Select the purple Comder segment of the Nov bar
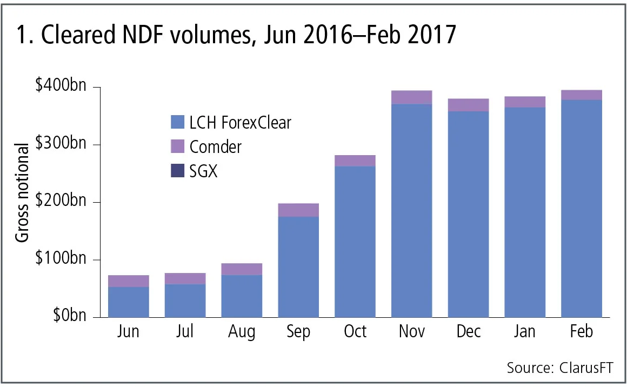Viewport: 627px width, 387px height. pyautogui.click(x=411, y=97)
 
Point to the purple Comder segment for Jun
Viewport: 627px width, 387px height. pyautogui.click(x=128, y=281)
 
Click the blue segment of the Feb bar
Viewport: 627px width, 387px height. pyautogui.click(x=582, y=208)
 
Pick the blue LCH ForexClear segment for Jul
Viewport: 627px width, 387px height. pyautogui.click(x=185, y=301)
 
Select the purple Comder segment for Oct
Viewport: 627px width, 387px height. pyautogui.click(x=355, y=161)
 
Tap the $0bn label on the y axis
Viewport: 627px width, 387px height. pyautogui.click(x=69, y=317)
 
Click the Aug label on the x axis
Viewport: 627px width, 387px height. pyautogui.click(x=242, y=331)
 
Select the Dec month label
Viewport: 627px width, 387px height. pyautogui.click(x=468, y=331)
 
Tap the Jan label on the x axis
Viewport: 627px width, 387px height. pyautogui.click(x=524, y=331)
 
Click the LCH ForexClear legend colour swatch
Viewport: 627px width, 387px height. pyautogui.click(x=177, y=123)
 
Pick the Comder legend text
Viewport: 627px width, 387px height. pyautogui.click(x=216, y=146)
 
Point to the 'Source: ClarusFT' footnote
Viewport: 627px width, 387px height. pyautogui.click(x=560, y=368)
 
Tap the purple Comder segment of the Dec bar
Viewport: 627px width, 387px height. pyautogui.click(x=468, y=105)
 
